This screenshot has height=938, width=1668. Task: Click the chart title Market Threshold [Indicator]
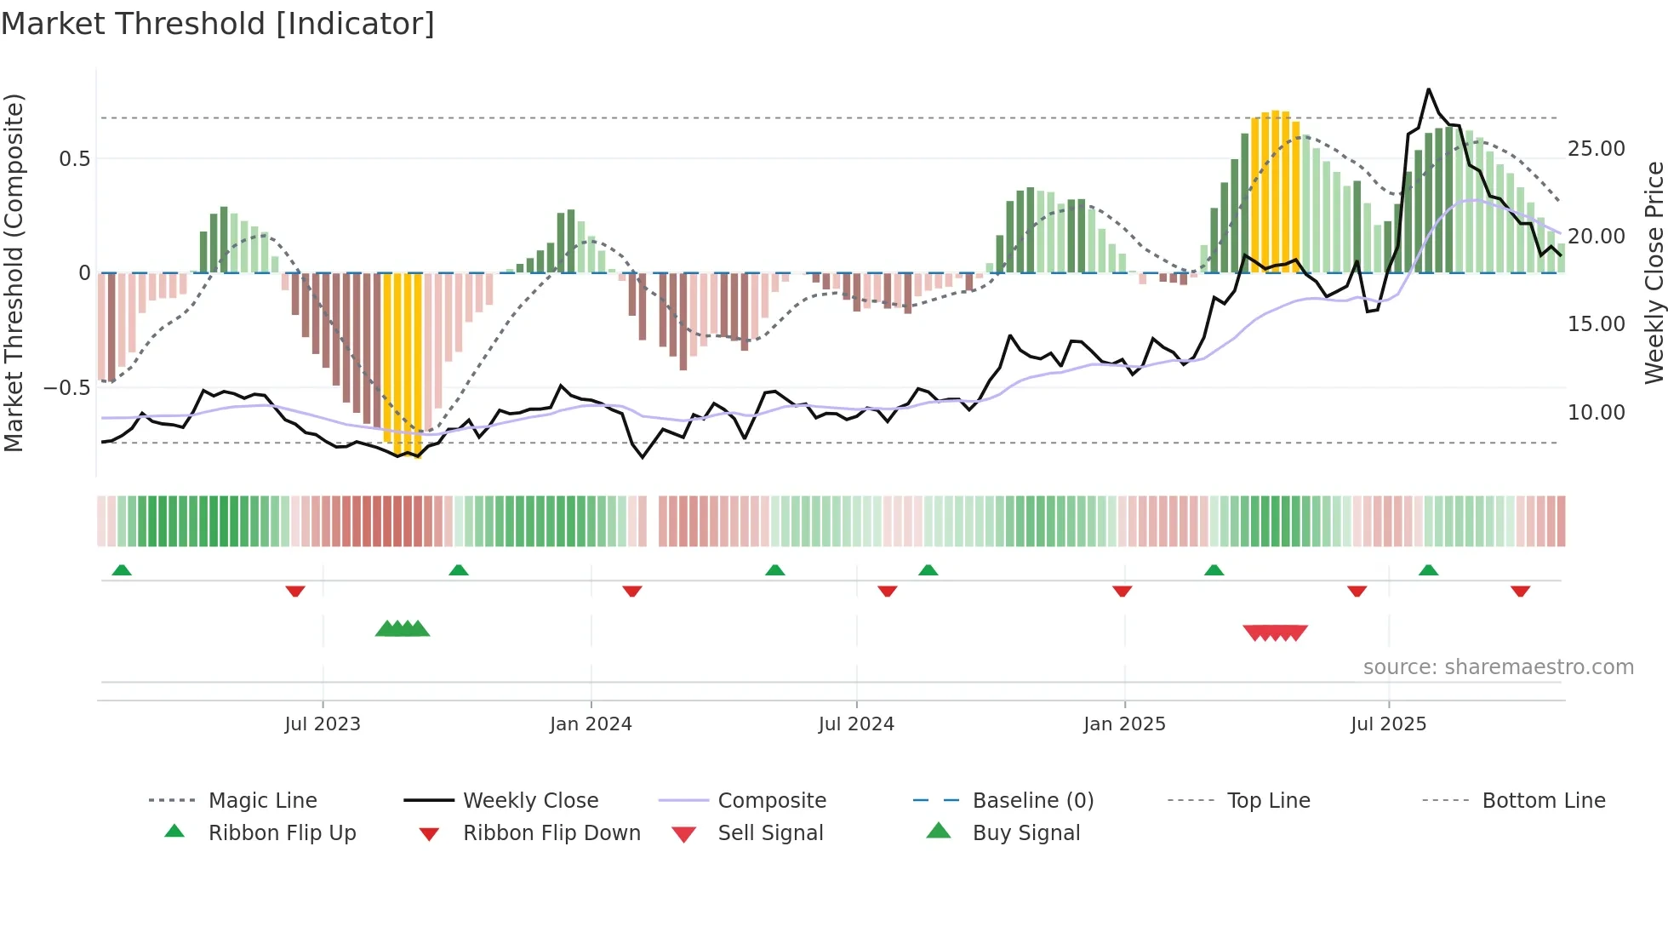(218, 24)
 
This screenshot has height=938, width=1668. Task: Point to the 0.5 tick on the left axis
(74, 159)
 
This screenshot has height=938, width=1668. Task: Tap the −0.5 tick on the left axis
(66, 388)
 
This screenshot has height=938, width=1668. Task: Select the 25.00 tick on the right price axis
(1597, 149)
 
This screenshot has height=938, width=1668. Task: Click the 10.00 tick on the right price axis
(1597, 413)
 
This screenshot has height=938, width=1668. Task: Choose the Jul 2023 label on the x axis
(323, 724)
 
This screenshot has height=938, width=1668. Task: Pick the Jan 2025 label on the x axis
(1124, 724)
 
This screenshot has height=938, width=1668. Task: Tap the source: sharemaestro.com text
(1498, 667)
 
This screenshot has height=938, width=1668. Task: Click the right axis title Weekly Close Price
(1654, 272)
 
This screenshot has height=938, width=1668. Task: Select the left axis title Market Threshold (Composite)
(14, 272)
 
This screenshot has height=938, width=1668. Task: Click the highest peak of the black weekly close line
(1429, 89)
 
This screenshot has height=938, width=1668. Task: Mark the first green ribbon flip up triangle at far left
(122, 570)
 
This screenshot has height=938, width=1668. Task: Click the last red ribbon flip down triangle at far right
(1521, 591)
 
